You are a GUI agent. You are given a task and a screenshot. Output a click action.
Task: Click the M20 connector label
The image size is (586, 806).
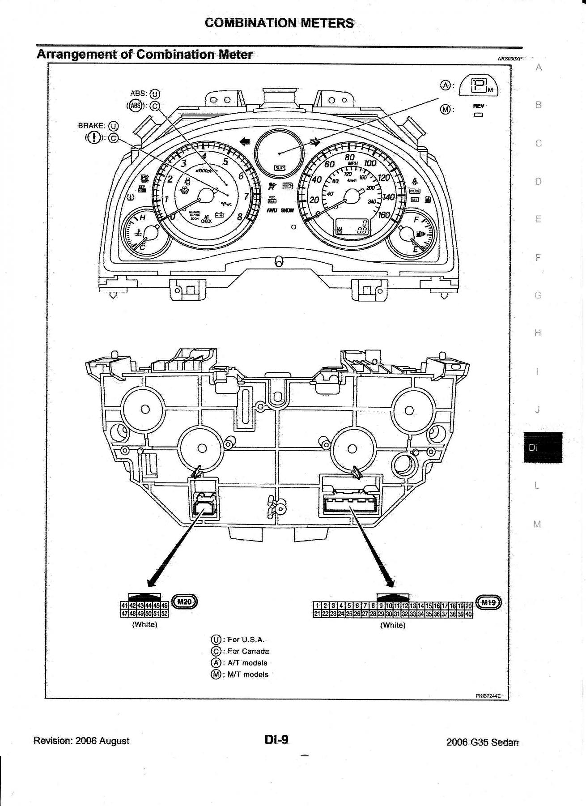pyautogui.click(x=184, y=602)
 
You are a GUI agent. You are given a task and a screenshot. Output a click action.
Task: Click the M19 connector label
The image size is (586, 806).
pyautogui.click(x=488, y=602)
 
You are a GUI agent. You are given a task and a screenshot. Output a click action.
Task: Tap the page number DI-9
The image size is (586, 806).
pyautogui.click(x=276, y=740)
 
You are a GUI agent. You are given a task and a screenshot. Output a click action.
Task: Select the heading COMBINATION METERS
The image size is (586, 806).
pyautogui.click(x=279, y=23)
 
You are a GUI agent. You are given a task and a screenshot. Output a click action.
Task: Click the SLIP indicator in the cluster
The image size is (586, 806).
pyautogui.click(x=280, y=167)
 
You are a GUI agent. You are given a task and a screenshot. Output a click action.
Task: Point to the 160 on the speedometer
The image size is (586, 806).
pyautogui.click(x=384, y=215)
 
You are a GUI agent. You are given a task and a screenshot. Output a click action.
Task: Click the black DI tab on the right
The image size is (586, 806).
pyautogui.click(x=543, y=447)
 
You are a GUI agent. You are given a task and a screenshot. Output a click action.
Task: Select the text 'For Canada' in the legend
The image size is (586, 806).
pyautogui.click(x=248, y=651)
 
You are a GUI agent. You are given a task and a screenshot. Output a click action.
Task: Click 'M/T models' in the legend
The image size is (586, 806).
pyautogui.click(x=248, y=674)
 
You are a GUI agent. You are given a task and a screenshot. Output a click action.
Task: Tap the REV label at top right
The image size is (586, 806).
pyautogui.click(x=479, y=106)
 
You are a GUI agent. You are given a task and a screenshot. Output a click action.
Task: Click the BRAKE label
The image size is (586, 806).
pyautogui.click(x=92, y=126)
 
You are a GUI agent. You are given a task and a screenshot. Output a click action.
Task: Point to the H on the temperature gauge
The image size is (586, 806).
pyautogui.click(x=143, y=218)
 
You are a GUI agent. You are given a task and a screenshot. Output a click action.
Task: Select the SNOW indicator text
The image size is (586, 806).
pyautogui.click(x=288, y=210)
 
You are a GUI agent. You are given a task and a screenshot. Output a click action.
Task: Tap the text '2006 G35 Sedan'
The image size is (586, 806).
pyautogui.click(x=482, y=742)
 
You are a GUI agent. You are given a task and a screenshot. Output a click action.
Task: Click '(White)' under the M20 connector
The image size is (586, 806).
pyautogui.click(x=144, y=624)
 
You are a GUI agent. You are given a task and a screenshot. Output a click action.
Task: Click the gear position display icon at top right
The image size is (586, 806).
pyautogui.click(x=480, y=85)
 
